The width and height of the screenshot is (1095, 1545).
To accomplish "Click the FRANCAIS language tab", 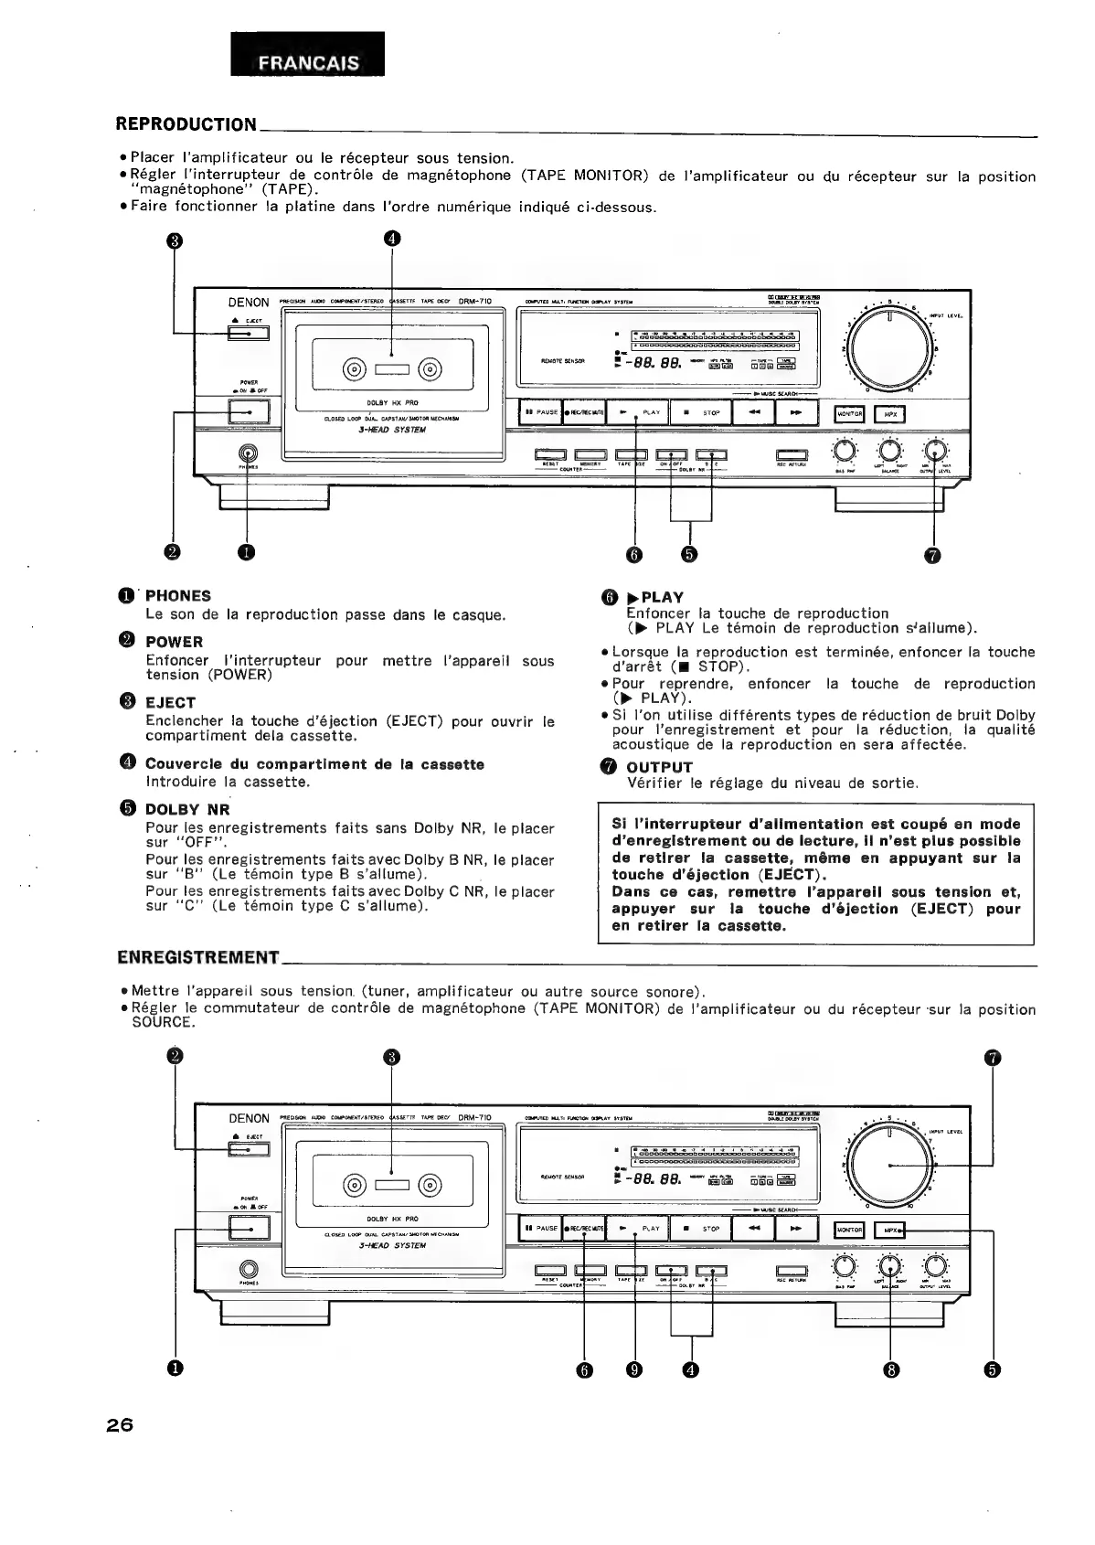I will [x=307, y=63].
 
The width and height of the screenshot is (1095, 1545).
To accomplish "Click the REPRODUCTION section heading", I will [x=186, y=124].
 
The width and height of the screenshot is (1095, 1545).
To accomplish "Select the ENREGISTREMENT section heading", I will [x=198, y=957].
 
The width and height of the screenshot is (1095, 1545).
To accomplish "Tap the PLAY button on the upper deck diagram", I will [x=638, y=412].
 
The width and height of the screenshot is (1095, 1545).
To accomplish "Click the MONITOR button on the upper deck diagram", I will [x=850, y=414].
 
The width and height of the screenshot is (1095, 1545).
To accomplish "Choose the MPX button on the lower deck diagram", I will [x=889, y=1231].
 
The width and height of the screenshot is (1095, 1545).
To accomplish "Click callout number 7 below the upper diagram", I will [x=933, y=554].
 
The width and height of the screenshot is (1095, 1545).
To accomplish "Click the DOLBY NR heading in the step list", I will [x=187, y=809].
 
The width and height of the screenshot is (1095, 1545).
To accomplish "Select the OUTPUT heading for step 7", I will [x=659, y=767].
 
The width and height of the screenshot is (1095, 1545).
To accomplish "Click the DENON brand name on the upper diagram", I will [x=249, y=303].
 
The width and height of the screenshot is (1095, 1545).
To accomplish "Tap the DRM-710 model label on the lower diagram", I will [x=474, y=1117].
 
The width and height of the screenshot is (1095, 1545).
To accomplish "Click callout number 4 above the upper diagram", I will [x=391, y=240].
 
